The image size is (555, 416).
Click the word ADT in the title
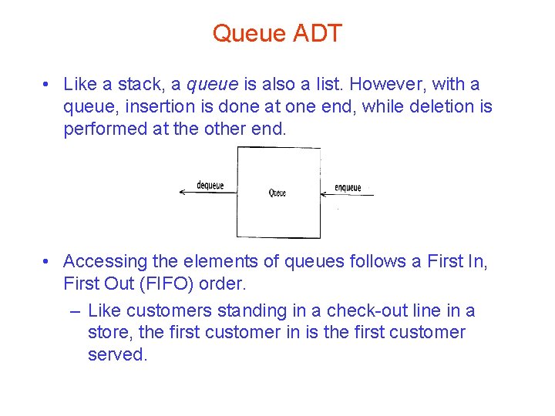tap(318, 33)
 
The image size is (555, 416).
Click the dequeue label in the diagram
tap(210, 185)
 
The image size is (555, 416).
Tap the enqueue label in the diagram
tap(348, 187)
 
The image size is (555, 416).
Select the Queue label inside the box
tap(277, 193)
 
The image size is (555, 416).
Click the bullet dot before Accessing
tap(48, 262)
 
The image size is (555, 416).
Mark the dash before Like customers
tap(73, 310)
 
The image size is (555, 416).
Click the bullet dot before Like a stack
tap(48, 84)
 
